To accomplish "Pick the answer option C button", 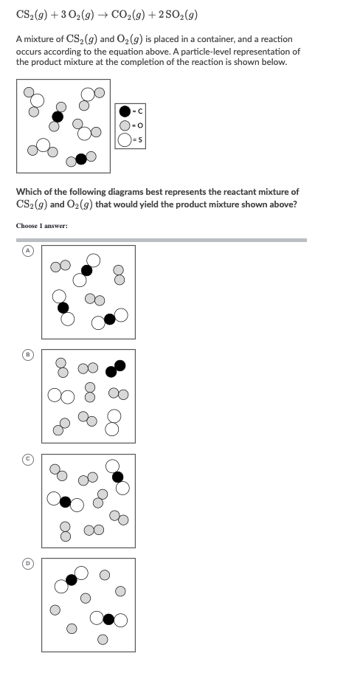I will [25, 460].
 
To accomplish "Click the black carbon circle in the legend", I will [126, 111].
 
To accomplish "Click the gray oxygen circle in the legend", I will [126, 126].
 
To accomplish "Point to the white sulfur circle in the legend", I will [126, 141].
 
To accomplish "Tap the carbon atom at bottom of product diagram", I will [81, 158].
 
